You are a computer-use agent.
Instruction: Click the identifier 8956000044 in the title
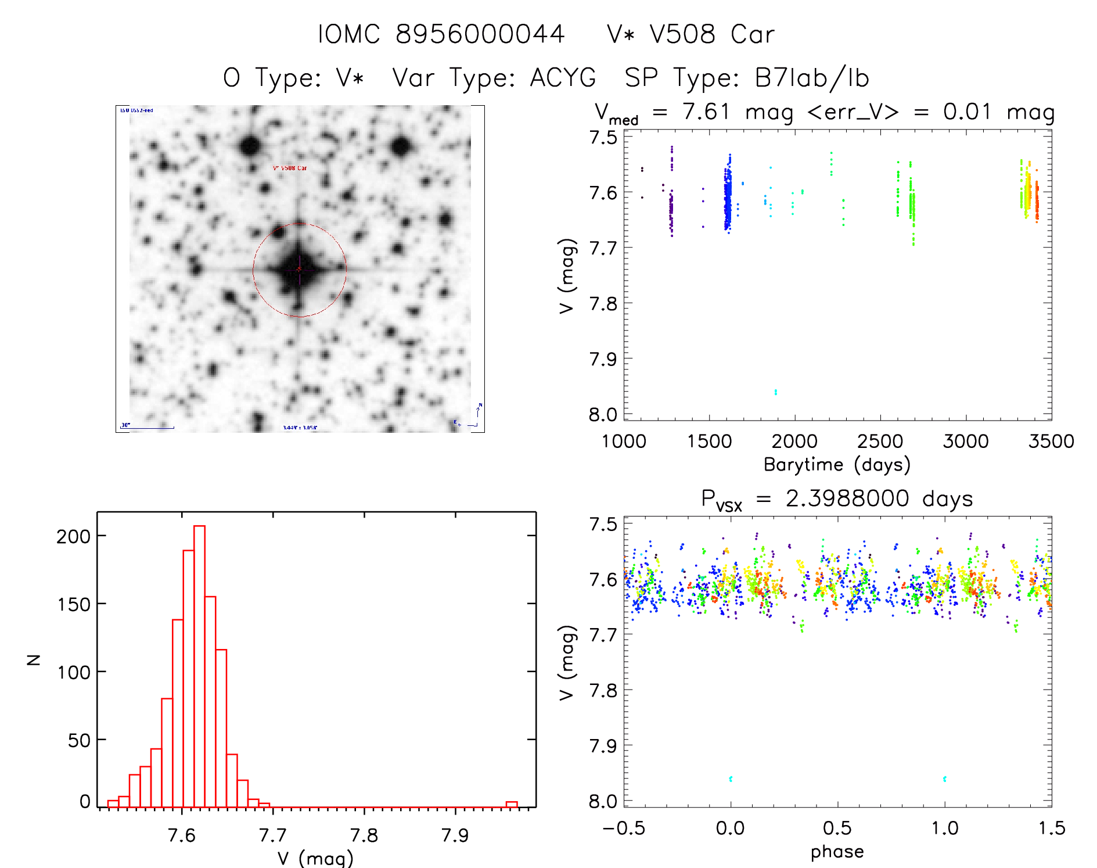(480, 34)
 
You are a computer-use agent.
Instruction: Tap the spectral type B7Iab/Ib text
(811, 78)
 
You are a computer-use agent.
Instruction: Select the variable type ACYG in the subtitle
(563, 78)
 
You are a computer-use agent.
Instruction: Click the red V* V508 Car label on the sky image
(290, 168)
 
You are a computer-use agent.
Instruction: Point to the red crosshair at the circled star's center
(299, 269)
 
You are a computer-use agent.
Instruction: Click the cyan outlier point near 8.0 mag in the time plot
(775, 392)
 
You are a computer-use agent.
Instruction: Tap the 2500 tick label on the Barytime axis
(880, 442)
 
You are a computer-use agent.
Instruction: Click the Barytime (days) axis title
(837, 465)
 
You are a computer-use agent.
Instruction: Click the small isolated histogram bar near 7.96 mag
(512, 805)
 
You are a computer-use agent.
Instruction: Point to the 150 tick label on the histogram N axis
(74, 604)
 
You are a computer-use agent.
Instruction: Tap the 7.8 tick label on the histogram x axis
(364, 835)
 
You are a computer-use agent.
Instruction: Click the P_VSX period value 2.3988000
(847, 498)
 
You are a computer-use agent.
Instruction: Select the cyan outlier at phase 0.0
(731, 779)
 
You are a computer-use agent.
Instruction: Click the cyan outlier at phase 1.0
(945, 779)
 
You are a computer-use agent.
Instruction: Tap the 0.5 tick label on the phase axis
(837, 828)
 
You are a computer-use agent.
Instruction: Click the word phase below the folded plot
(837, 852)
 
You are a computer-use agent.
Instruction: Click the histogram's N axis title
(34, 659)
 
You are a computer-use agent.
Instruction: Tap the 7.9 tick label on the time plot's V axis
(603, 360)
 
